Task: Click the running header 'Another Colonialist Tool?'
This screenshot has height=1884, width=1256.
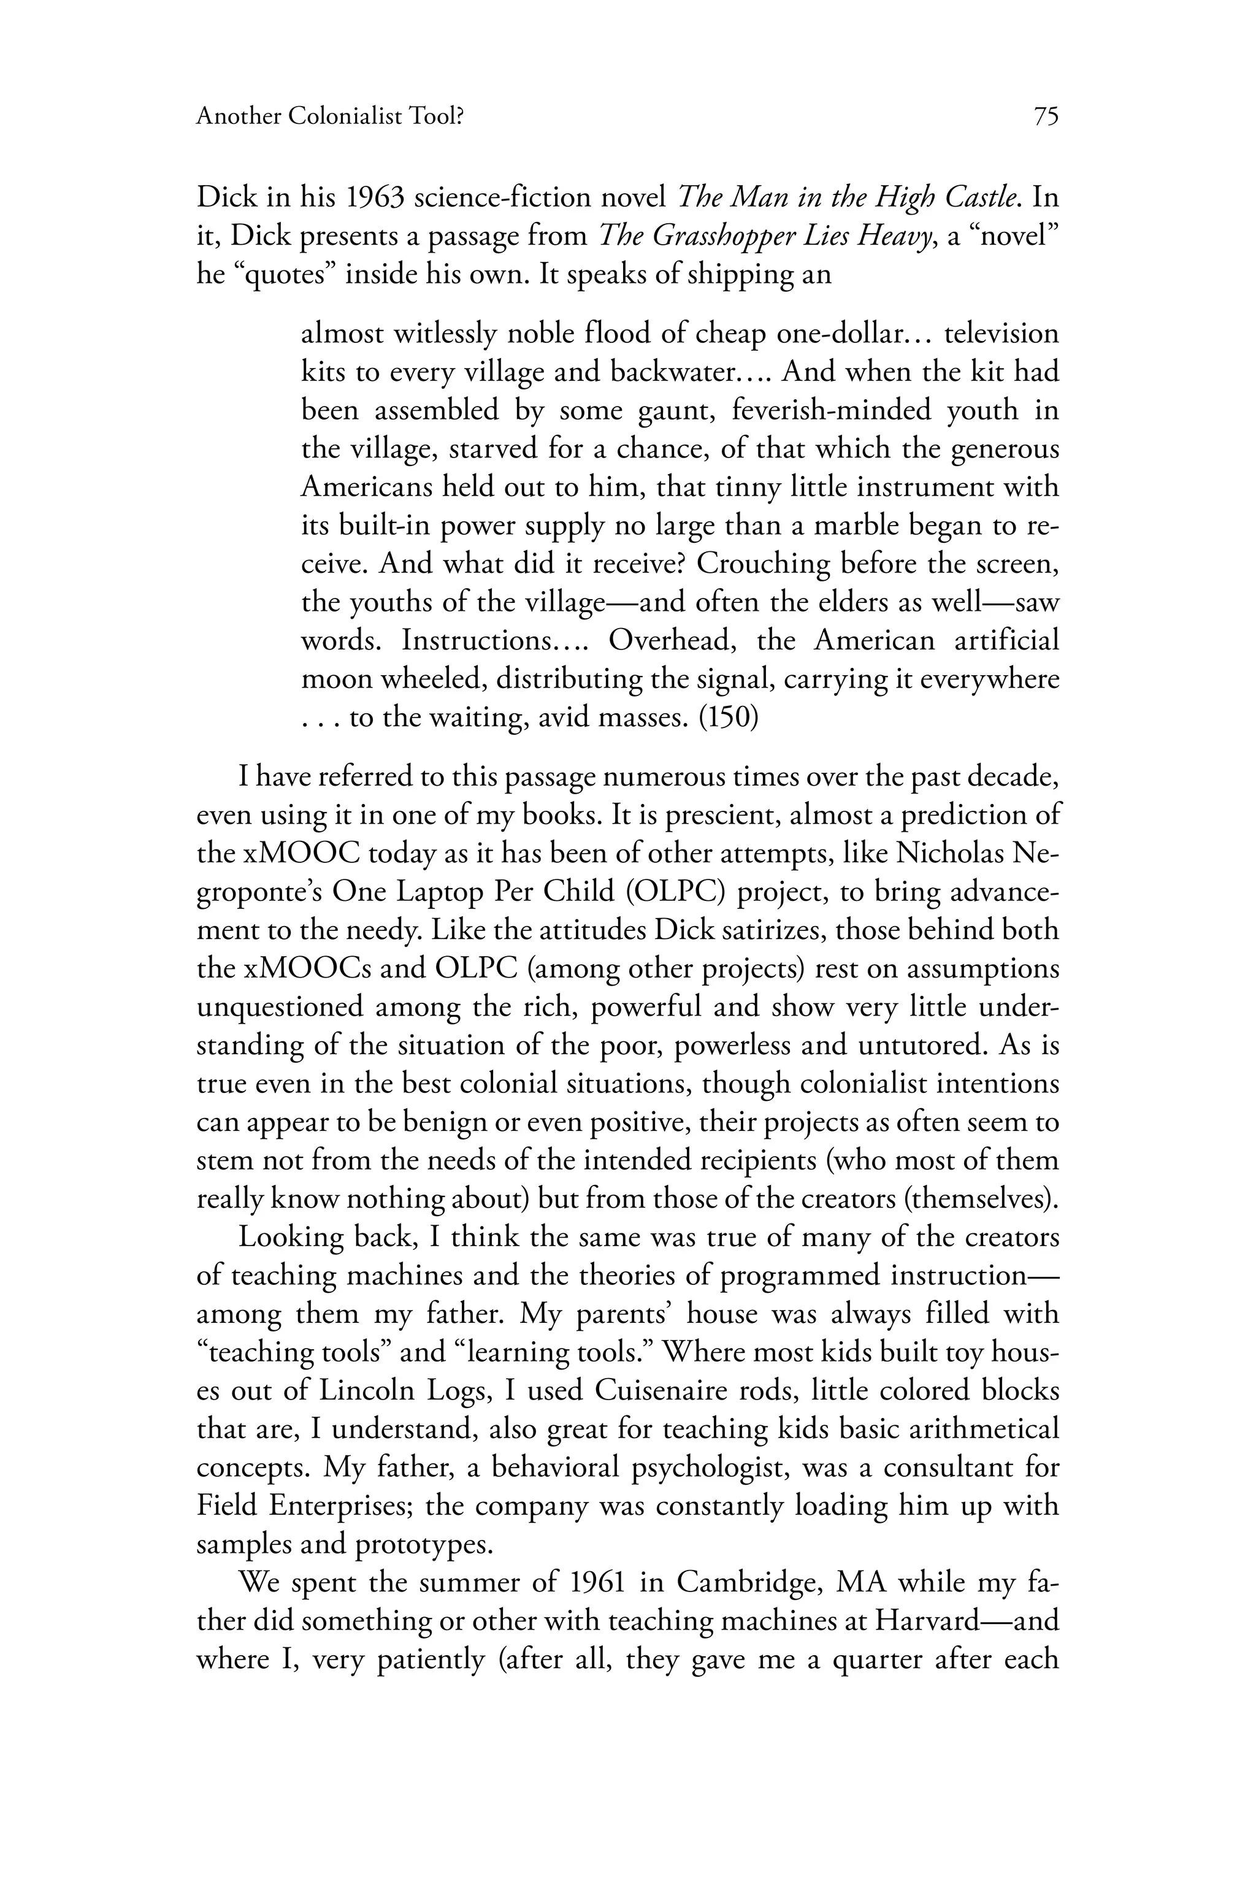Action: [x=330, y=117]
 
